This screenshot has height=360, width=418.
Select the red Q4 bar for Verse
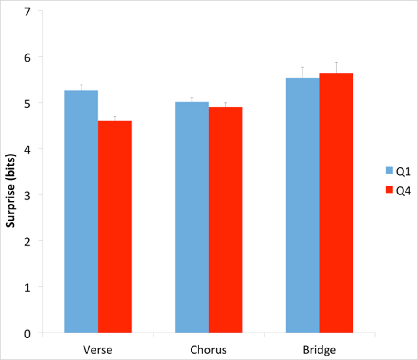pyautogui.click(x=115, y=226)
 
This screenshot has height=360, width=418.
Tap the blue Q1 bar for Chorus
pyautogui.click(x=192, y=217)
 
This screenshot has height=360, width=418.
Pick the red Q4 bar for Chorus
pyautogui.click(x=226, y=220)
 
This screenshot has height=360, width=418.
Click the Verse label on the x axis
pyautogui.click(x=98, y=350)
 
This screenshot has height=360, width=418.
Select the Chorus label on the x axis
pyautogui.click(x=209, y=350)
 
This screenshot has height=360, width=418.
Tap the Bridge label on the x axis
pyautogui.click(x=319, y=350)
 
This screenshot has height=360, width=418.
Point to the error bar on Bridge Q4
pyautogui.click(x=336, y=67)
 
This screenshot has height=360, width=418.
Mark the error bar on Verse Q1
pyautogui.click(x=81, y=87)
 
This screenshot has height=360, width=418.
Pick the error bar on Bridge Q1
pyautogui.click(x=303, y=72)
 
